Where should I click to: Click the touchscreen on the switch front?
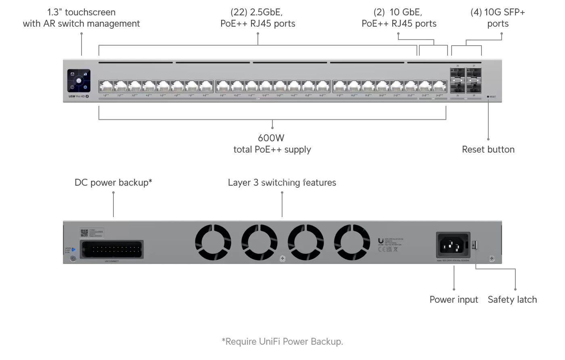pyautogui.click(x=79, y=81)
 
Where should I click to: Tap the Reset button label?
pyautogui.click(x=488, y=150)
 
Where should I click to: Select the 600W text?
pyautogui.click(x=271, y=138)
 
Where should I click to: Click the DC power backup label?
pyautogui.click(x=113, y=183)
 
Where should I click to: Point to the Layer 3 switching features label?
pyautogui.click(x=282, y=183)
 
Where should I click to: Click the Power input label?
pyautogui.click(x=454, y=300)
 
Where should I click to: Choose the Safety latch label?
pyautogui.click(x=512, y=300)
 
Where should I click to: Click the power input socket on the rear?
pyautogui.click(x=453, y=245)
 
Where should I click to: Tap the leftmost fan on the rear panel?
pyautogui.click(x=213, y=242)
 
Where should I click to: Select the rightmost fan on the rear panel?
pyautogui.click(x=352, y=242)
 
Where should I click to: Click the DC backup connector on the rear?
pyautogui.click(x=111, y=249)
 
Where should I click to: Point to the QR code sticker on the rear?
pyautogui.click(x=84, y=233)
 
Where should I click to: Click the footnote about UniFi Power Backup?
pyautogui.click(x=282, y=342)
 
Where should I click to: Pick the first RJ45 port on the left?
pyautogui.click(x=106, y=86)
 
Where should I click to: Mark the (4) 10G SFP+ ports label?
pyautogui.click(x=498, y=18)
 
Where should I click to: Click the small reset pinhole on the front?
pyautogui.click(x=488, y=97)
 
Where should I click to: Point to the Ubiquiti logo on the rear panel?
pyautogui.click(x=381, y=241)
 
